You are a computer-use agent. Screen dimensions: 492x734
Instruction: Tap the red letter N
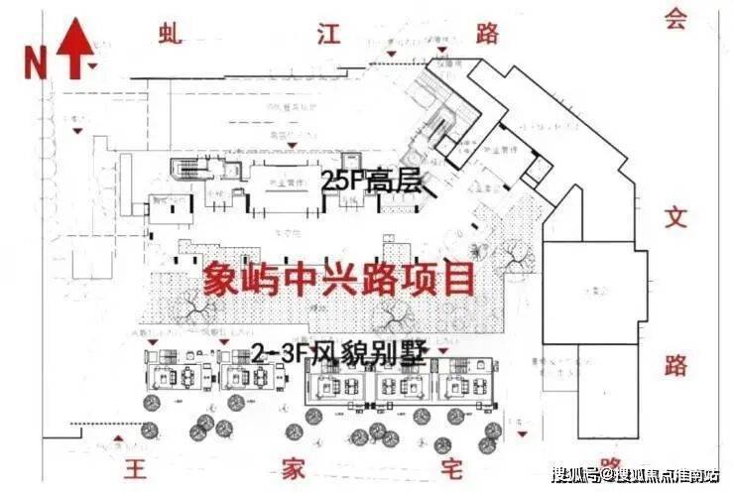click(x=36, y=62)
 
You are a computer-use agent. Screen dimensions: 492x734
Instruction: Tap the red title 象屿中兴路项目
click(x=338, y=279)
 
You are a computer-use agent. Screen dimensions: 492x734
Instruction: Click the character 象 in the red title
click(x=223, y=279)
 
